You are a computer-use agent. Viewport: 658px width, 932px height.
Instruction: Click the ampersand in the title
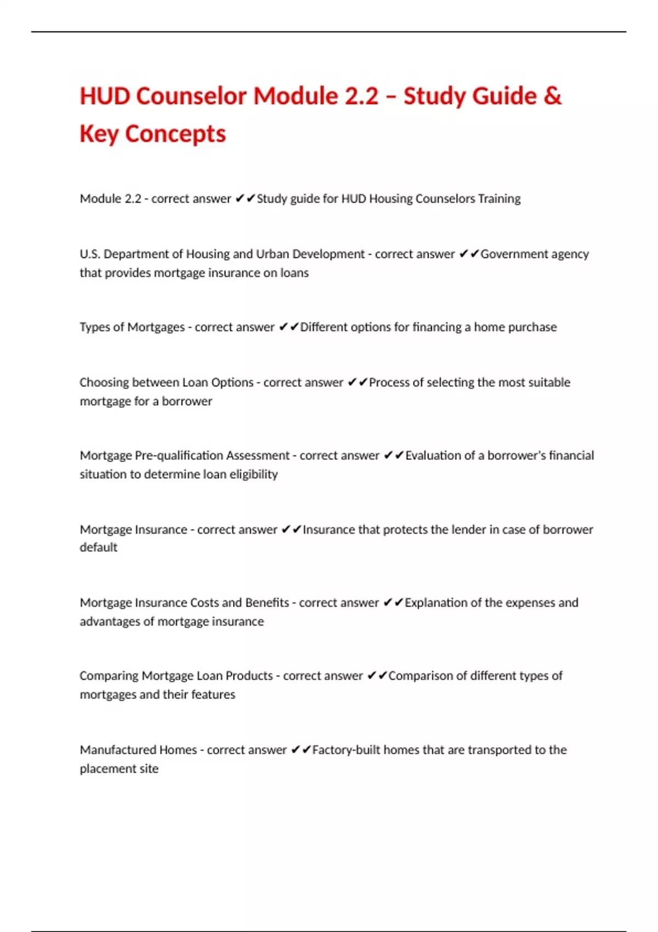click(x=553, y=96)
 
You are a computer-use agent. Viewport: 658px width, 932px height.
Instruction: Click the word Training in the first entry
click(x=499, y=198)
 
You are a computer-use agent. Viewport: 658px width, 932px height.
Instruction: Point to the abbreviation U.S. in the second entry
click(x=90, y=254)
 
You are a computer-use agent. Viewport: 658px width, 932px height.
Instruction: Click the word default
click(x=99, y=547)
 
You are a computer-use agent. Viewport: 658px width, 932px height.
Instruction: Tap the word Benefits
click(x=267, y=603)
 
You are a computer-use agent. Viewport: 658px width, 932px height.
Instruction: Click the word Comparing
click(x=109, y=676)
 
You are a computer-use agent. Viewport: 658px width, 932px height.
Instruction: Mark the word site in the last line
click(x=149, y=769)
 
